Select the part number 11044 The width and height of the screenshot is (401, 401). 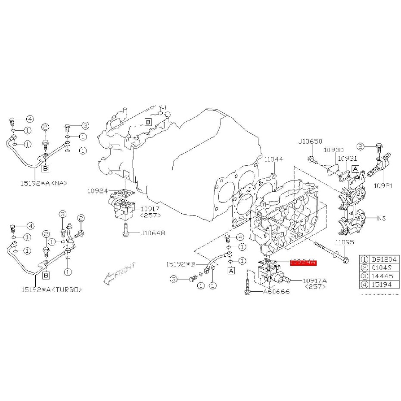pyautogui.click(x=274, y=159)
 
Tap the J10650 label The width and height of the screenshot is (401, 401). pyautogui.click(x=310, y=141)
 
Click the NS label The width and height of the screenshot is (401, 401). pyautogui.click(x=382, y=218)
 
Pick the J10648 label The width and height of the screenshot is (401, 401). pyautogui.click(x=153, y=233)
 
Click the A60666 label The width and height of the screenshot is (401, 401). pyautogui.click(x=277, y=292)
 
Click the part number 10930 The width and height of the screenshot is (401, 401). pyautogui.click(x=334, y=150)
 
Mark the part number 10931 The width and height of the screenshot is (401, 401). pyautogui.click(x=347, y=158)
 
